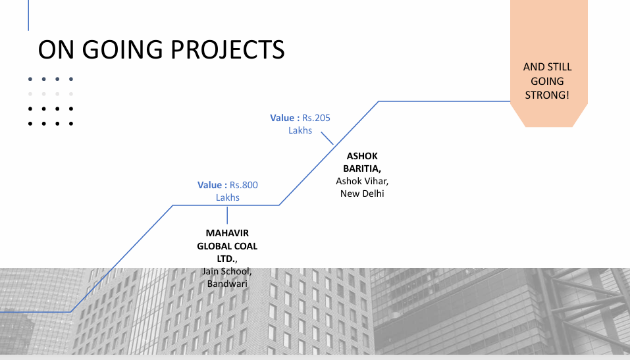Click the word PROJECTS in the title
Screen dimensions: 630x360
point(227,50)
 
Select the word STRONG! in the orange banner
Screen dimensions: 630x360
point(547,95)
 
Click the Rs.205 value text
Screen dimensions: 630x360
point(316,118)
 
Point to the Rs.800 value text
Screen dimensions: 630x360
point(244,185)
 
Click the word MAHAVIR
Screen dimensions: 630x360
point(227,233)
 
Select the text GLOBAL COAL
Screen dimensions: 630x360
point(227,246)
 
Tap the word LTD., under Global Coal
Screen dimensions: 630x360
point(227,259)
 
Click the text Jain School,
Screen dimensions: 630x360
point(227,271)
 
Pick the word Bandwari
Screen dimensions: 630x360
point(227,284)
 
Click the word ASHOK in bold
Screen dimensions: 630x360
point(362,156)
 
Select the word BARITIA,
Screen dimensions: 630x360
point(362,168)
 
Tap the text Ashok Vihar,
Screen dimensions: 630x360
point(362,181)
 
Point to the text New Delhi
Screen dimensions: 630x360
point(362,193)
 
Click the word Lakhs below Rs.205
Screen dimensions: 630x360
point(300,130)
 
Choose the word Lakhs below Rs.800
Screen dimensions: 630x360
point(227,197)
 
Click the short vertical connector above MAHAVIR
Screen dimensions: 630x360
point(227,215)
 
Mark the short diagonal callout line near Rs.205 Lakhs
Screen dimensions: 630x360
point(327,138)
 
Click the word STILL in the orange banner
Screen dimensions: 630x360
point(560,67)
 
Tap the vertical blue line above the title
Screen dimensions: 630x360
point(28,15)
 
